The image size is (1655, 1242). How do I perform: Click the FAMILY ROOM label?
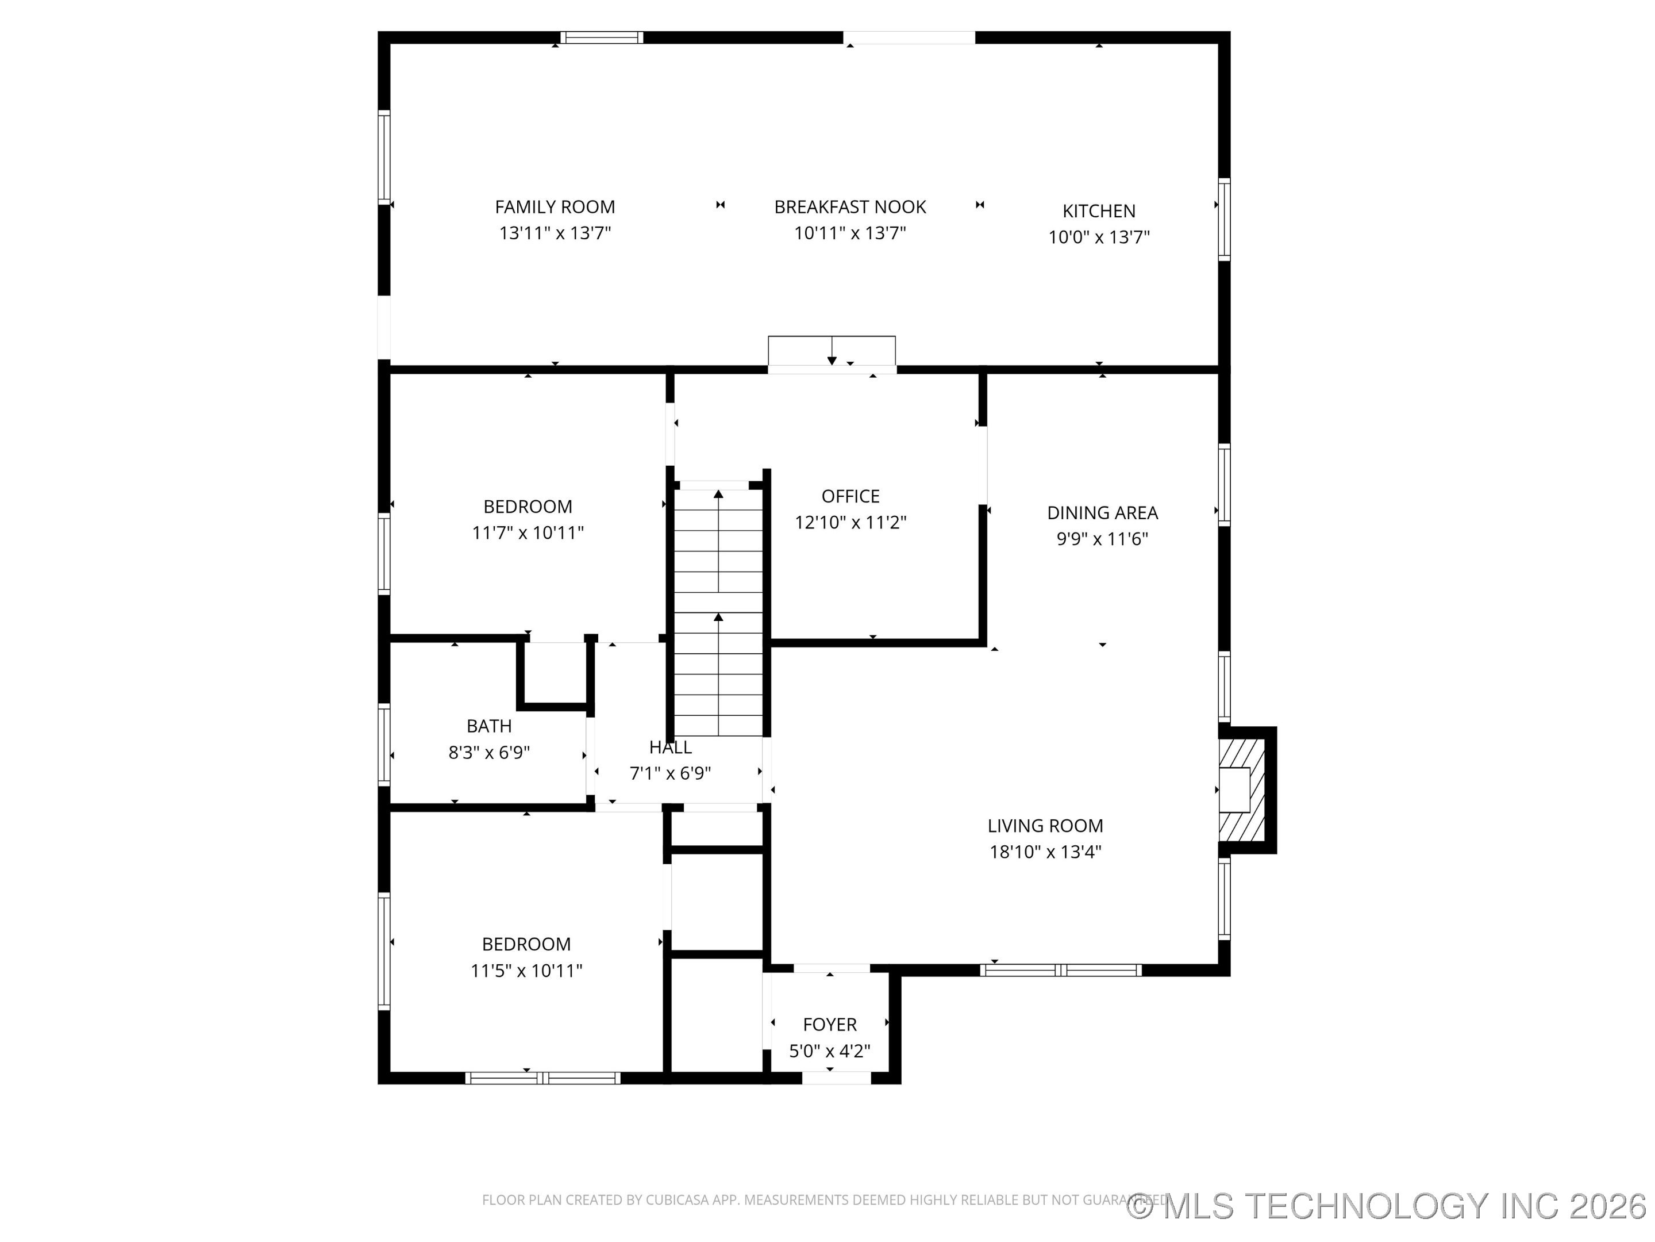(555, 206)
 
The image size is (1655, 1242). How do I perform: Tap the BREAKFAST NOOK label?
(850, 206)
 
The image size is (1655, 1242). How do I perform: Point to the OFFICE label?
(850, 496)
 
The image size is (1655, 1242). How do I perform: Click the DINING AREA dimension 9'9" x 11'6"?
(1102, 539)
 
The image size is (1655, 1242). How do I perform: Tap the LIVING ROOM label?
(1045, 826)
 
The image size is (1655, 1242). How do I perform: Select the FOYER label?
(830, 1025)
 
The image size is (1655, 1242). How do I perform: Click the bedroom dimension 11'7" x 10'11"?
(528, 533)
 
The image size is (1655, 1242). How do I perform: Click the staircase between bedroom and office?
(718, 610)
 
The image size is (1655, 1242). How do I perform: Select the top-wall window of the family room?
(602, 37)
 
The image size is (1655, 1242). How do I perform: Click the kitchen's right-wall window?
(1224, 219)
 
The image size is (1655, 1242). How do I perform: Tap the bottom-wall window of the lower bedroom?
(542, 1078)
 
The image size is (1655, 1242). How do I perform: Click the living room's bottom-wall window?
(1060, 970)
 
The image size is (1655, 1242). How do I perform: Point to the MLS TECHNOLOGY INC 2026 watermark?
(1388, 1205)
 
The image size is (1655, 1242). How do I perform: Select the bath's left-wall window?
(384, 745)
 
